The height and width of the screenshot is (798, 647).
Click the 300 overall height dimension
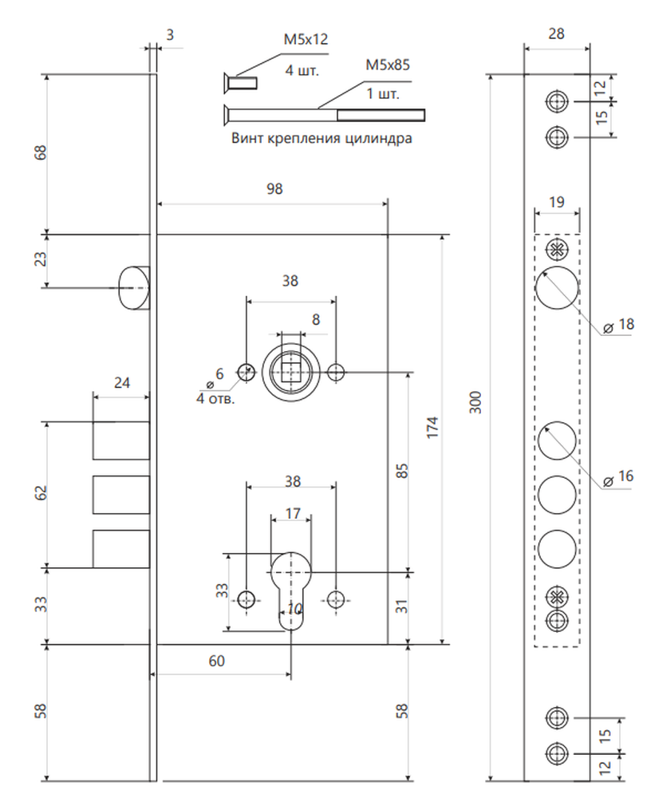click(475, 402)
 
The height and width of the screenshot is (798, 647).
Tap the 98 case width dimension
click(274, 189)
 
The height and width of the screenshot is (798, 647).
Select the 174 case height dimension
click(432, 428)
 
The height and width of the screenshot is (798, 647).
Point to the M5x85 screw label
click(388, 65)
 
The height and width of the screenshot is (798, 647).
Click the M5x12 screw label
click(306, 39)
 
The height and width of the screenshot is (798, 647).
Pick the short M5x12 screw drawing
click(241, 83)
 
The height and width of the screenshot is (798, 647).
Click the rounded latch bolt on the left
click(134, 287)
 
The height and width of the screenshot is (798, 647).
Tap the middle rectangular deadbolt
click(121, 495)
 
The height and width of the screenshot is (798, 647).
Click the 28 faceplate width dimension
click(557, 34)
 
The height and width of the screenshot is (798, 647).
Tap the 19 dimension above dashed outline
click(557, 202)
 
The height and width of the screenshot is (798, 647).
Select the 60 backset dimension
click(217, 661)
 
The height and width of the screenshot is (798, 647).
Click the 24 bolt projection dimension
click(121, 383)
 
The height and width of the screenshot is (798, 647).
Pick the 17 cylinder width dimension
click(293, 513)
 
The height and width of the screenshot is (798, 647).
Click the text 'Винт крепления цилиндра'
click(322, 138)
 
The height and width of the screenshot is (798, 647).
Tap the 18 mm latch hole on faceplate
click(557, 287)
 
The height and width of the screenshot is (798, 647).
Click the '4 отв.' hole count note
click(215, 398)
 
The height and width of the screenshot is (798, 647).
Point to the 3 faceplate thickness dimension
click(170, 35)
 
